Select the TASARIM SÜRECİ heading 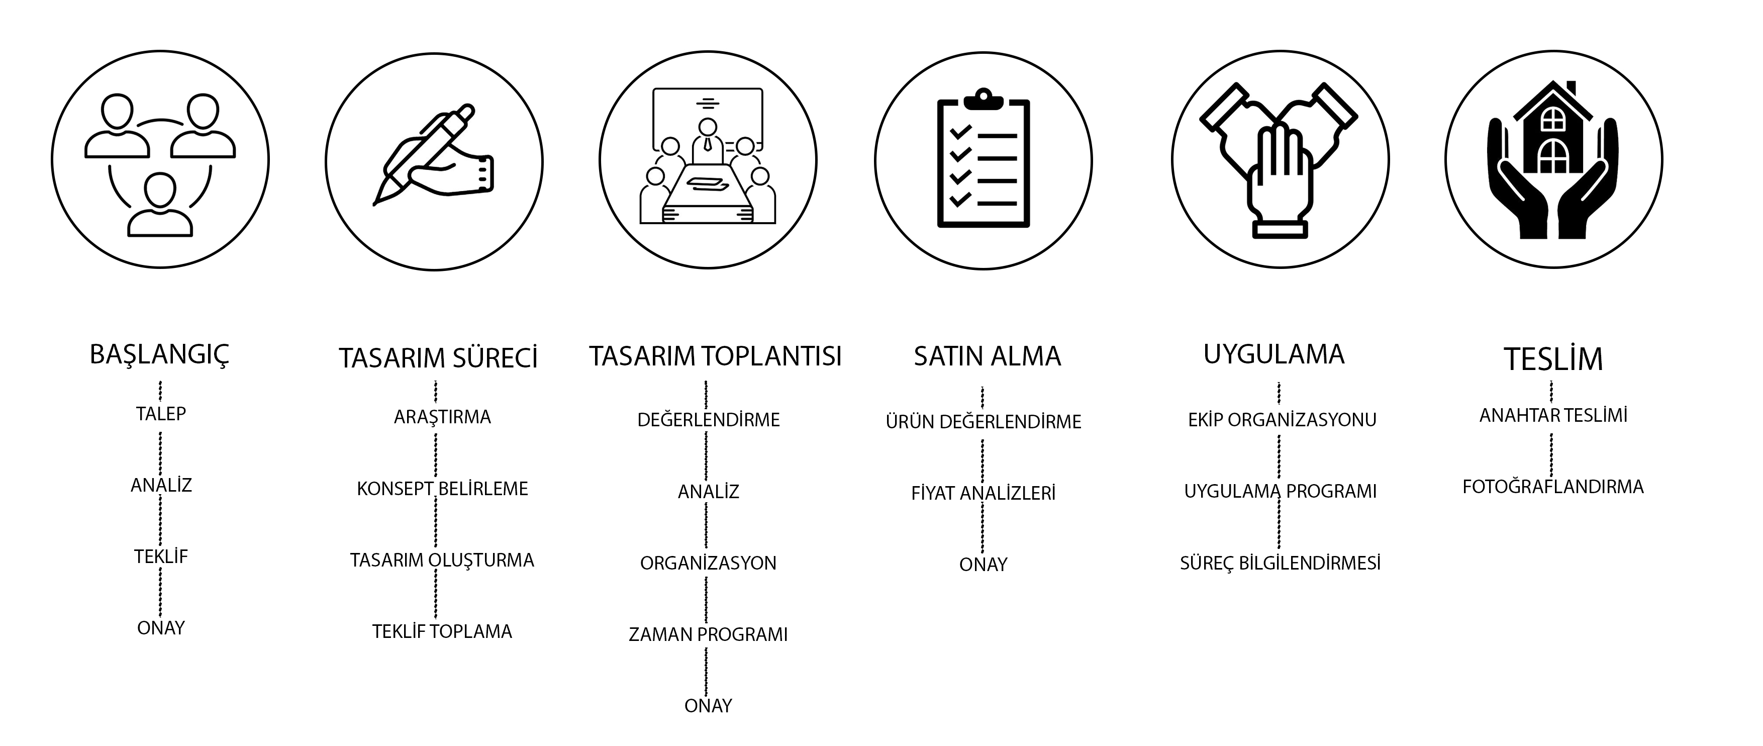(x=438, y=358)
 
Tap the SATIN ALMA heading (x=987, y=356)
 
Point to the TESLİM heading (x=1553, y=358)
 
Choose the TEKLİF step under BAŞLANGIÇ (x=161, y=556)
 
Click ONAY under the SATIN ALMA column (x=984, y=565)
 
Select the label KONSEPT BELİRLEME (x=442, y=489)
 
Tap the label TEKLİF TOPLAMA (x=442, y=631)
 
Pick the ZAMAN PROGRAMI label (x=708, y=634)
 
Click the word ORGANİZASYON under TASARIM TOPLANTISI (x=708, y=563)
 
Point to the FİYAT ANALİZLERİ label (x=984, y=493)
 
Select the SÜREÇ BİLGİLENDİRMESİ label (x=1280, y=563)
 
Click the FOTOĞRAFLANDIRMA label (x=1553, y=487)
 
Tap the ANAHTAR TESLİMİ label (x=1553, y=415)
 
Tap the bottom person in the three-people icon (x=160, y=205)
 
